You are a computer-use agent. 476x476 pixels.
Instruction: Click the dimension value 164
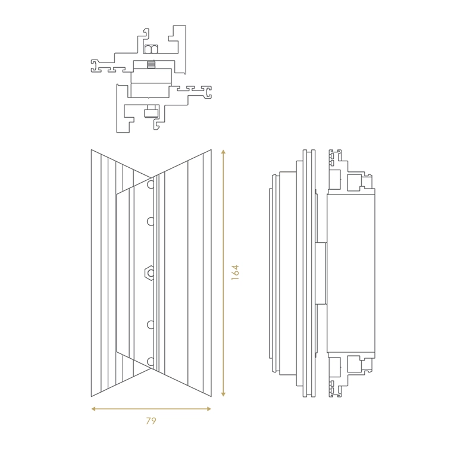point(235,273)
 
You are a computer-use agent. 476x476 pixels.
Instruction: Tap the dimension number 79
point(151,421)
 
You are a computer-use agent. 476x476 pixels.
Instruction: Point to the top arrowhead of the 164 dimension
point(224,152)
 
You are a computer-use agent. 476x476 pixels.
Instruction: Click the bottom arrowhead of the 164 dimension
point(224,394)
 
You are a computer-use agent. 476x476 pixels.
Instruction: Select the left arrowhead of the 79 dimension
point(94,409)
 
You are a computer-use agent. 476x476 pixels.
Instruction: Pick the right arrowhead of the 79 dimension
point(209,409)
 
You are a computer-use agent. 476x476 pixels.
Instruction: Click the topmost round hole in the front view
point(151,184)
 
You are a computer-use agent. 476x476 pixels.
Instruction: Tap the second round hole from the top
point(151,221)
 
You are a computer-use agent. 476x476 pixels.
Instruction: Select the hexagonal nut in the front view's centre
point(149,273)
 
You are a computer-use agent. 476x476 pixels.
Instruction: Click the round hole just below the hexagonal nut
point(151,325)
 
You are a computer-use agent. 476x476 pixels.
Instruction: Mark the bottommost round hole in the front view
point(151,361)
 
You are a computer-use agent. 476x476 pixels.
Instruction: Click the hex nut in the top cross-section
point(151,49)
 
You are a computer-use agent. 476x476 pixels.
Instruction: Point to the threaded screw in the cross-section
point(151,64)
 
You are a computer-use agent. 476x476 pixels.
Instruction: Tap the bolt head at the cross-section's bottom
point(151,111)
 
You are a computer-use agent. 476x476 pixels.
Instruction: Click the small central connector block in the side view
point(321,273)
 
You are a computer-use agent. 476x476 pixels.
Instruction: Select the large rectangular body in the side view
point(351,273)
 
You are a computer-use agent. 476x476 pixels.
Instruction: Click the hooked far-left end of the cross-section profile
point(95,66)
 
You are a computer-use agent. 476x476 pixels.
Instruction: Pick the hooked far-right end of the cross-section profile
point(208,92)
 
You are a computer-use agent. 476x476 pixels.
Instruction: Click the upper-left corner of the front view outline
point(92,150)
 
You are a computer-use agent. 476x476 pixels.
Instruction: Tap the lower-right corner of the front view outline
point(211,396)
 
